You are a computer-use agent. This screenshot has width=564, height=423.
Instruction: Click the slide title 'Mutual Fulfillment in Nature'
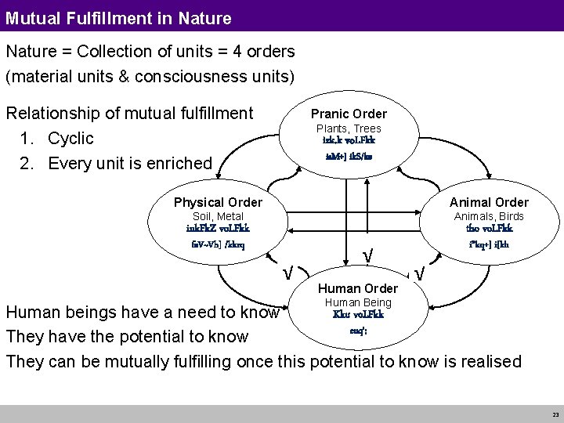pyautogui.click(x=118, y=16)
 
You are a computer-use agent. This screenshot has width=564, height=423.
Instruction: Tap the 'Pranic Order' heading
pyautogui.click(x=349, y=114)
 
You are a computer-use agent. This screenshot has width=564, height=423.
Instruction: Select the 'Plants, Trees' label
pyautogui.click(x=349, y=128)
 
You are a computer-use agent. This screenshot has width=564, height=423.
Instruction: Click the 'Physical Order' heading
pyautogui.click(x=219, y=203)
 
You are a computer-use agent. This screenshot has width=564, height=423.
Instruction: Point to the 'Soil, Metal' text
pyautogui.click(x=219, y=216)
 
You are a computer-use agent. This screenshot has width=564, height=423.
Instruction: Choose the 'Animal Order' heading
pyautogui.click(x=490, y=203)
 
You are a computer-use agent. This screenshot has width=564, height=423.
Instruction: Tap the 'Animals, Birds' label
pyautogui.click(x=490, y=216)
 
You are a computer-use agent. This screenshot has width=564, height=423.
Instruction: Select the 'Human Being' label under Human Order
pyautogui.click(x=358, y=302)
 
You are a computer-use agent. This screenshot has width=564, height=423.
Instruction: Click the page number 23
pyautogui.click(x=555, y=414)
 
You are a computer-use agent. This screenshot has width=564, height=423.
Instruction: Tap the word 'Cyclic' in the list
pyautogui.click(x=70, y=139)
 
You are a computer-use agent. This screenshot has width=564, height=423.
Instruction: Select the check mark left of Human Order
pyautogui.click(x=288, y=273)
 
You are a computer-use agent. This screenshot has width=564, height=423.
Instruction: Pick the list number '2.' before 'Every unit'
pyautogui.click(x=31, y=163)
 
